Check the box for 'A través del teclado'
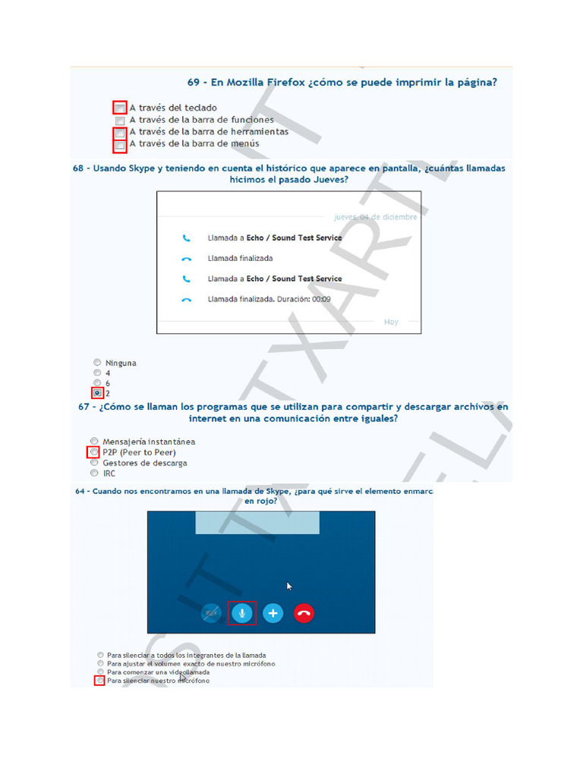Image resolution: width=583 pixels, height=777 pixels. tap(120, 108)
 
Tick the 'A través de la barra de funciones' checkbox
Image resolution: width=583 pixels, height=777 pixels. tap(120, 120)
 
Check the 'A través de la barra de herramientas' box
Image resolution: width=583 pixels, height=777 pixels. tap(120, 132)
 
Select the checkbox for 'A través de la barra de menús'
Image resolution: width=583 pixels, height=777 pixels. tap(120, 144)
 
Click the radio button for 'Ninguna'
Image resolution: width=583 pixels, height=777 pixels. tap(97, 363)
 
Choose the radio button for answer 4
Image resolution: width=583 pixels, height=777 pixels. tap(97, 373)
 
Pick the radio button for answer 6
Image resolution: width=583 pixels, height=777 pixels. tap(97, 383)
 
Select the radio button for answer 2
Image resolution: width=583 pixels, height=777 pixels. tap(97, 393)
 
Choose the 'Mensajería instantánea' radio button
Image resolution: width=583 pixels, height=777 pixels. tap(94, 441)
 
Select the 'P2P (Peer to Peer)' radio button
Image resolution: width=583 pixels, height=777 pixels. tap(94, 452)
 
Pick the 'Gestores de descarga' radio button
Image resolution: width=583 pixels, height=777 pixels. tap(94, 462)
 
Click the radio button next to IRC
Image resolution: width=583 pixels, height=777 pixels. tap(94, 473)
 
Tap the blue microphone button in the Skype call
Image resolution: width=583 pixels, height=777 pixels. tap(242, 612)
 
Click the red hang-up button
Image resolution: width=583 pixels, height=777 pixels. tap(304, 612)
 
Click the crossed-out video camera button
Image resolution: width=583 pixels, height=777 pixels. tap(212, 612)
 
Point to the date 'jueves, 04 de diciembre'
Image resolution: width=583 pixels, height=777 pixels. tap(376, 217)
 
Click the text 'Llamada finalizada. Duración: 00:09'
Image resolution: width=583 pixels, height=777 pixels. tap(269, 299)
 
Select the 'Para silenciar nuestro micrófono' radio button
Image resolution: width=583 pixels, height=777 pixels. tap(100, 681)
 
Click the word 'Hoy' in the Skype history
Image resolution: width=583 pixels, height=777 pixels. tap(391, 322)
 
